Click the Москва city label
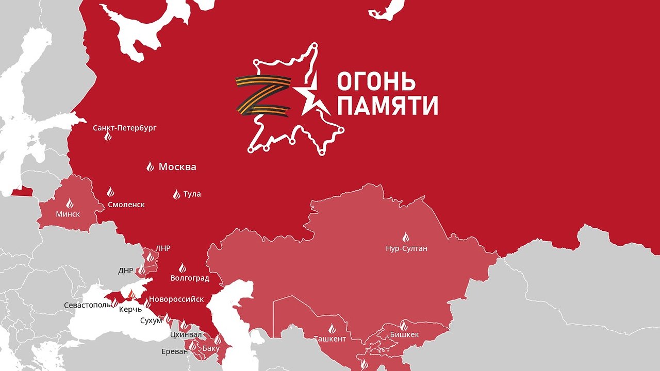(x=177, y=167)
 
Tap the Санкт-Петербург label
(x=124, y=127)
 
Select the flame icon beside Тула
(x=176, y=194)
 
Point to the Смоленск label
(x=126, y=205)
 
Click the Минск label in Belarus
(x=68, y=214)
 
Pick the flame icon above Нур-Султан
(x=406, y=238)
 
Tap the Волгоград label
(x=190, y=278)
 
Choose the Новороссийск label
(x=176, y=299)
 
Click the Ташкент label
(x=330, y=339)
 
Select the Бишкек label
(x=404, y=334)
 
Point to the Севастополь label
(x=87, y=305)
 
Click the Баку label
(x=211, y=348)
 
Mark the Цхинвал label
(x=186, y=334)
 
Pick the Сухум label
(x=151, y=321)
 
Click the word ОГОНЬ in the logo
(x=376, y=82)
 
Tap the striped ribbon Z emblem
(x=263, y=95)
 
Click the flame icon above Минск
(x=70, y=203)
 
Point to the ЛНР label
(x=163, y=248)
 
